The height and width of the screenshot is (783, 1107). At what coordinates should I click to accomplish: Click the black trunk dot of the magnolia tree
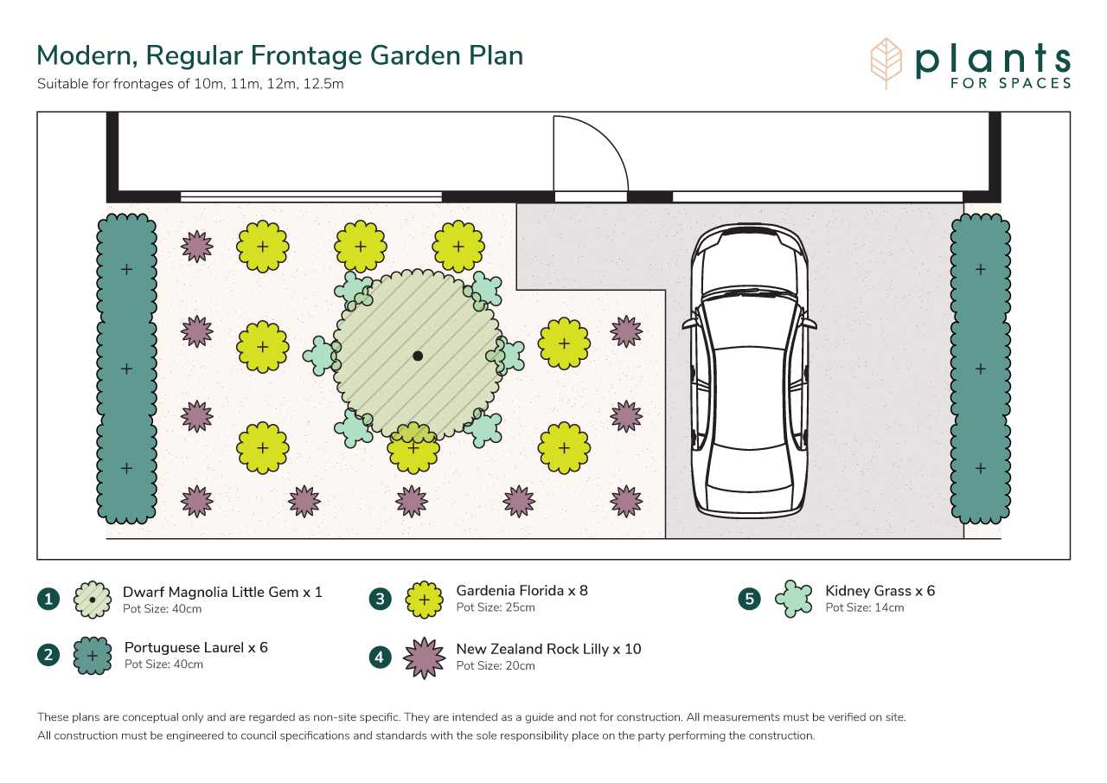point(418,356)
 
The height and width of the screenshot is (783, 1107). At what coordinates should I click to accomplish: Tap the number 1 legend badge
point(48,599)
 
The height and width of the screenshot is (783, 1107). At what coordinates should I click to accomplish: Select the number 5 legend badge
point(749,599)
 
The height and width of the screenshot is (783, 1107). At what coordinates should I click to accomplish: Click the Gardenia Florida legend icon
point(424,600)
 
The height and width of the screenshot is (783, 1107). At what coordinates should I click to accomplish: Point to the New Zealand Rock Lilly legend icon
point(424,658)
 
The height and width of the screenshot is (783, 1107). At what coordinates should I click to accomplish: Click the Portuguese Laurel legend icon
point(93,656)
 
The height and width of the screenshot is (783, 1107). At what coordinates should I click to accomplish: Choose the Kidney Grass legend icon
point(794,599)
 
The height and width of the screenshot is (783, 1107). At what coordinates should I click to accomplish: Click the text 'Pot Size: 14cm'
point(864,607)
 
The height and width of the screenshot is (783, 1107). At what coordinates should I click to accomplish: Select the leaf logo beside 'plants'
point(886,63)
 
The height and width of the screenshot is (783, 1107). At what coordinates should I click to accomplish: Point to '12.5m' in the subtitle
point(323,84)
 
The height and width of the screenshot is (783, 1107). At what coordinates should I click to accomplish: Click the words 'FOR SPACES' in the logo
point(1011,83)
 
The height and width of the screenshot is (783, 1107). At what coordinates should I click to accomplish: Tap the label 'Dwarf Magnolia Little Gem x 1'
point(222,592)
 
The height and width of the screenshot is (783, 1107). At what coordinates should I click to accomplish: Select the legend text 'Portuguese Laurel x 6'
point(196,647)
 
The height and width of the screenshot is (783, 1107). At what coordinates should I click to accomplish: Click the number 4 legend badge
point(380,658)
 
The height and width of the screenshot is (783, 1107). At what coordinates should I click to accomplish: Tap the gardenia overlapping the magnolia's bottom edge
point(413,448)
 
